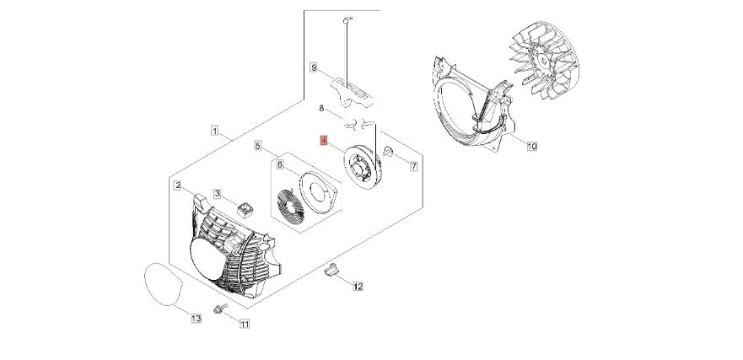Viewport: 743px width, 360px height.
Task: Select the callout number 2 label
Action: pyautogui.click(x=178, y=185)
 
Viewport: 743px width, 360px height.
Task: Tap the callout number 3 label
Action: pyautogui.click(x=217, y=194)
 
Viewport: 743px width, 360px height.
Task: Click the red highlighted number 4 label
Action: pyautogui.click(x=323, y=141)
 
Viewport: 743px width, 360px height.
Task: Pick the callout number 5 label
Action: pyautogui.click(x=259, y=145)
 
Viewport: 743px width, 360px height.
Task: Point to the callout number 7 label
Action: pyautogui.click(x=413, y=167)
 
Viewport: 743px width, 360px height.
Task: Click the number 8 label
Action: pyautogui.click(x=321, y=109)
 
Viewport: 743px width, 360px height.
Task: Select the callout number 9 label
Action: pyautogui.click(x=313, y=67)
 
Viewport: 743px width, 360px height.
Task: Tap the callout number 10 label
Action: pyautogui.click(x=531, y=146)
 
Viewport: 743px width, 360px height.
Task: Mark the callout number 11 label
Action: pyautogui.click(x=245, y=324)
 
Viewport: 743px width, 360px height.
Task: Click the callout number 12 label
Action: pyautogui.click(x=358, y=287)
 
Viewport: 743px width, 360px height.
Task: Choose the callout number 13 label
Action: pyautogui.click(x=196, y=318)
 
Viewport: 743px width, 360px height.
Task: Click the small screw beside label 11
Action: pyautogui.click(x=220, y=310)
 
